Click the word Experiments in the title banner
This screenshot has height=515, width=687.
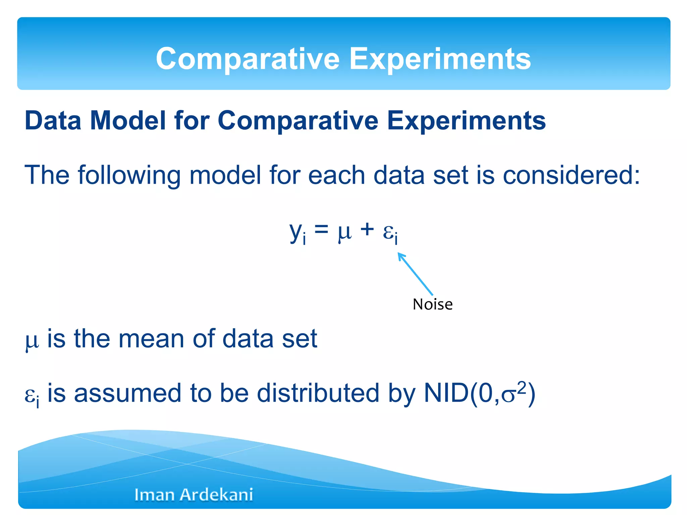pos(440,59)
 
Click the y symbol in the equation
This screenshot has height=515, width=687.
pos(296,231)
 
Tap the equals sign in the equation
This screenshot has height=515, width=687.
pos(321,230)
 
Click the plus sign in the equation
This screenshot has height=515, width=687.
pos(367,230)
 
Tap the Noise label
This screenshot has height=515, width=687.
pos(432,304)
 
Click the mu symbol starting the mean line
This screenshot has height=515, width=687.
pos(32,341)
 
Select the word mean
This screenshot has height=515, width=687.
pos(151,339)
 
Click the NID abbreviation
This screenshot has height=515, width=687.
pos(446,393)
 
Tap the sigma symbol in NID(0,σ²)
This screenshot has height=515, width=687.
pos(508,396)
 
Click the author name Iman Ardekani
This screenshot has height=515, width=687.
pos(194,495)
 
